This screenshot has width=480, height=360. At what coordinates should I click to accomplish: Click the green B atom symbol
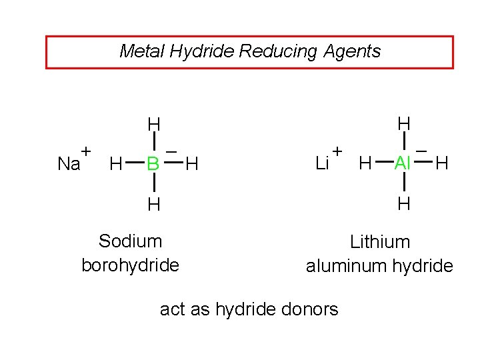point(153,163)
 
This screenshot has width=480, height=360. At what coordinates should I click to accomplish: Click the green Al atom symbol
point(403,163)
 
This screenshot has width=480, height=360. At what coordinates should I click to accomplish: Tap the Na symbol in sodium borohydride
point(68,164)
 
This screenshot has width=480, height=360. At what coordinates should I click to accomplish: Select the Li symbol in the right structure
point(321,163)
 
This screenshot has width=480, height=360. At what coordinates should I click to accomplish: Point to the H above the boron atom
point(154,125)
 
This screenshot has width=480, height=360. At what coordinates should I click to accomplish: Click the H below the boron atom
point(154,204)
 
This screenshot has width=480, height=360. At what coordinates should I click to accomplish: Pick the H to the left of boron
point(115,163)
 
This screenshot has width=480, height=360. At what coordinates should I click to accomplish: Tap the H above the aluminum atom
point(403,124)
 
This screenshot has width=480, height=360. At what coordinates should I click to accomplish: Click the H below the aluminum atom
point(403,203)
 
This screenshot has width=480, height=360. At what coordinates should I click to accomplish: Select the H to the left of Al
point(365,163)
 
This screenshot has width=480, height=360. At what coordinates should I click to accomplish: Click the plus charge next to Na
point(86,151)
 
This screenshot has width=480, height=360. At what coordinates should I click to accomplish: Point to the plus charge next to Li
point(337,151)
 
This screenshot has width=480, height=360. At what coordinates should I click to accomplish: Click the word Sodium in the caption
point(130,241)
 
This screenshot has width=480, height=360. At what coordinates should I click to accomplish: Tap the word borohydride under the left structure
point(130,265)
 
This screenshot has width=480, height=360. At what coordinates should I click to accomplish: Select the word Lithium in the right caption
point(380,241)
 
